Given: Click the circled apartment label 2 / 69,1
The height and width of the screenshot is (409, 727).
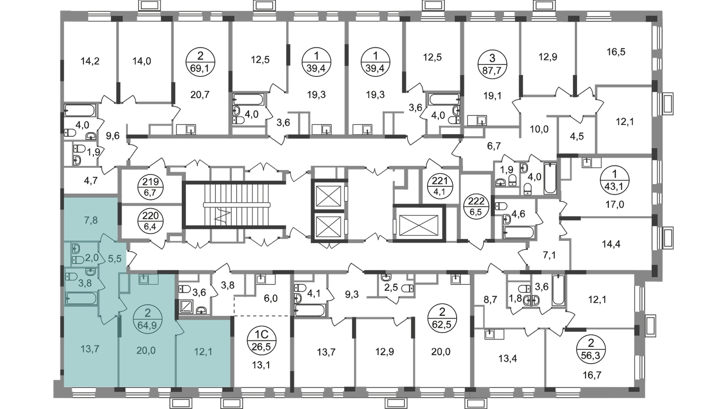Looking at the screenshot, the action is coord(200,62).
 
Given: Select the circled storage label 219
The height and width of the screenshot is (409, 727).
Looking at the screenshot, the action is coord(150,187).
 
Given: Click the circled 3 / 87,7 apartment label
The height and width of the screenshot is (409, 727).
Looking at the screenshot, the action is coord(492,64).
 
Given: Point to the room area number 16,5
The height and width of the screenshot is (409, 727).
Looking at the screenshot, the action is coord(616,52).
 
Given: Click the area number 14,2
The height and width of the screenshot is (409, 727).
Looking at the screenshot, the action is coord(90,61).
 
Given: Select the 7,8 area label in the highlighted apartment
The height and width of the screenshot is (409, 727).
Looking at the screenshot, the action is coord(91,220).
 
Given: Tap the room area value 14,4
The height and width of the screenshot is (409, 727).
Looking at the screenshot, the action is coord(611,244).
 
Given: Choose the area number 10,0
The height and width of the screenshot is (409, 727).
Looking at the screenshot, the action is coord(539,129).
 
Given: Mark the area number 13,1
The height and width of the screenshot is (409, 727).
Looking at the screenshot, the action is coord(261,365).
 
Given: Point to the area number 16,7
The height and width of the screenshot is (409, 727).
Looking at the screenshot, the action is coord(592,375).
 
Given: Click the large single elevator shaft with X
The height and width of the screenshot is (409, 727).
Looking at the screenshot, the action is coord(418,224).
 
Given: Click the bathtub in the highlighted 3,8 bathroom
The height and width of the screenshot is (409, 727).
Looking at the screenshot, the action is coord(81,298).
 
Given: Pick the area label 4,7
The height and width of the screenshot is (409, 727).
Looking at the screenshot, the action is coord(91,181).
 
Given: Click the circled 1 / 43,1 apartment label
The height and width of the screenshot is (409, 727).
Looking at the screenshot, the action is coord(615,180).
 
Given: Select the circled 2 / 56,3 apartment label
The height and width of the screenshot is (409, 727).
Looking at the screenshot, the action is coord(591,349).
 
